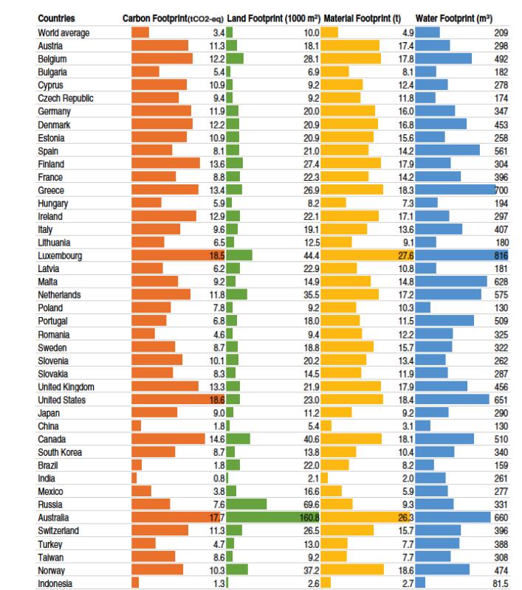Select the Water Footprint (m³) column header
pos(454,17)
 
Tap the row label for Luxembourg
pos(60,256)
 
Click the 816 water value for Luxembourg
pos(501,256)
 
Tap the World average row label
pos(63,33)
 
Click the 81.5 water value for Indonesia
pos(499,583)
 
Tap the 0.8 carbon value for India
pos(218,478)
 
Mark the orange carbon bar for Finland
pos(165,164)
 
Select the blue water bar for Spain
pos(447,150)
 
